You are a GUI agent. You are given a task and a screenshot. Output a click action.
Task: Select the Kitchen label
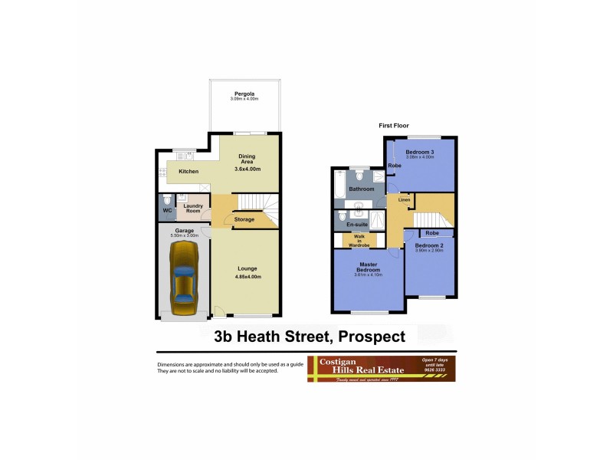[188, 171]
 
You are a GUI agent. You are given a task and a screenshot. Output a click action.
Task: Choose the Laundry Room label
[192, 208]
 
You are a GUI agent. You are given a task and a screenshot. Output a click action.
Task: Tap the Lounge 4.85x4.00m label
[247, 268]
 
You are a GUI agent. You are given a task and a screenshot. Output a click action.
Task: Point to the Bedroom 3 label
[420, 152]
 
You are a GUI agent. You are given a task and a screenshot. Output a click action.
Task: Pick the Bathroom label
[361, 189]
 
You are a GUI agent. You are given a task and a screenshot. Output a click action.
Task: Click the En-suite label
[358, 224]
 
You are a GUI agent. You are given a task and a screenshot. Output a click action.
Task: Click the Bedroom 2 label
[429, 245]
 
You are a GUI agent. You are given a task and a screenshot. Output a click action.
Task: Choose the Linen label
[404, 200]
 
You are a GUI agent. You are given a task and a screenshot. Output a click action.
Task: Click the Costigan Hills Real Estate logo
[382, 369]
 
